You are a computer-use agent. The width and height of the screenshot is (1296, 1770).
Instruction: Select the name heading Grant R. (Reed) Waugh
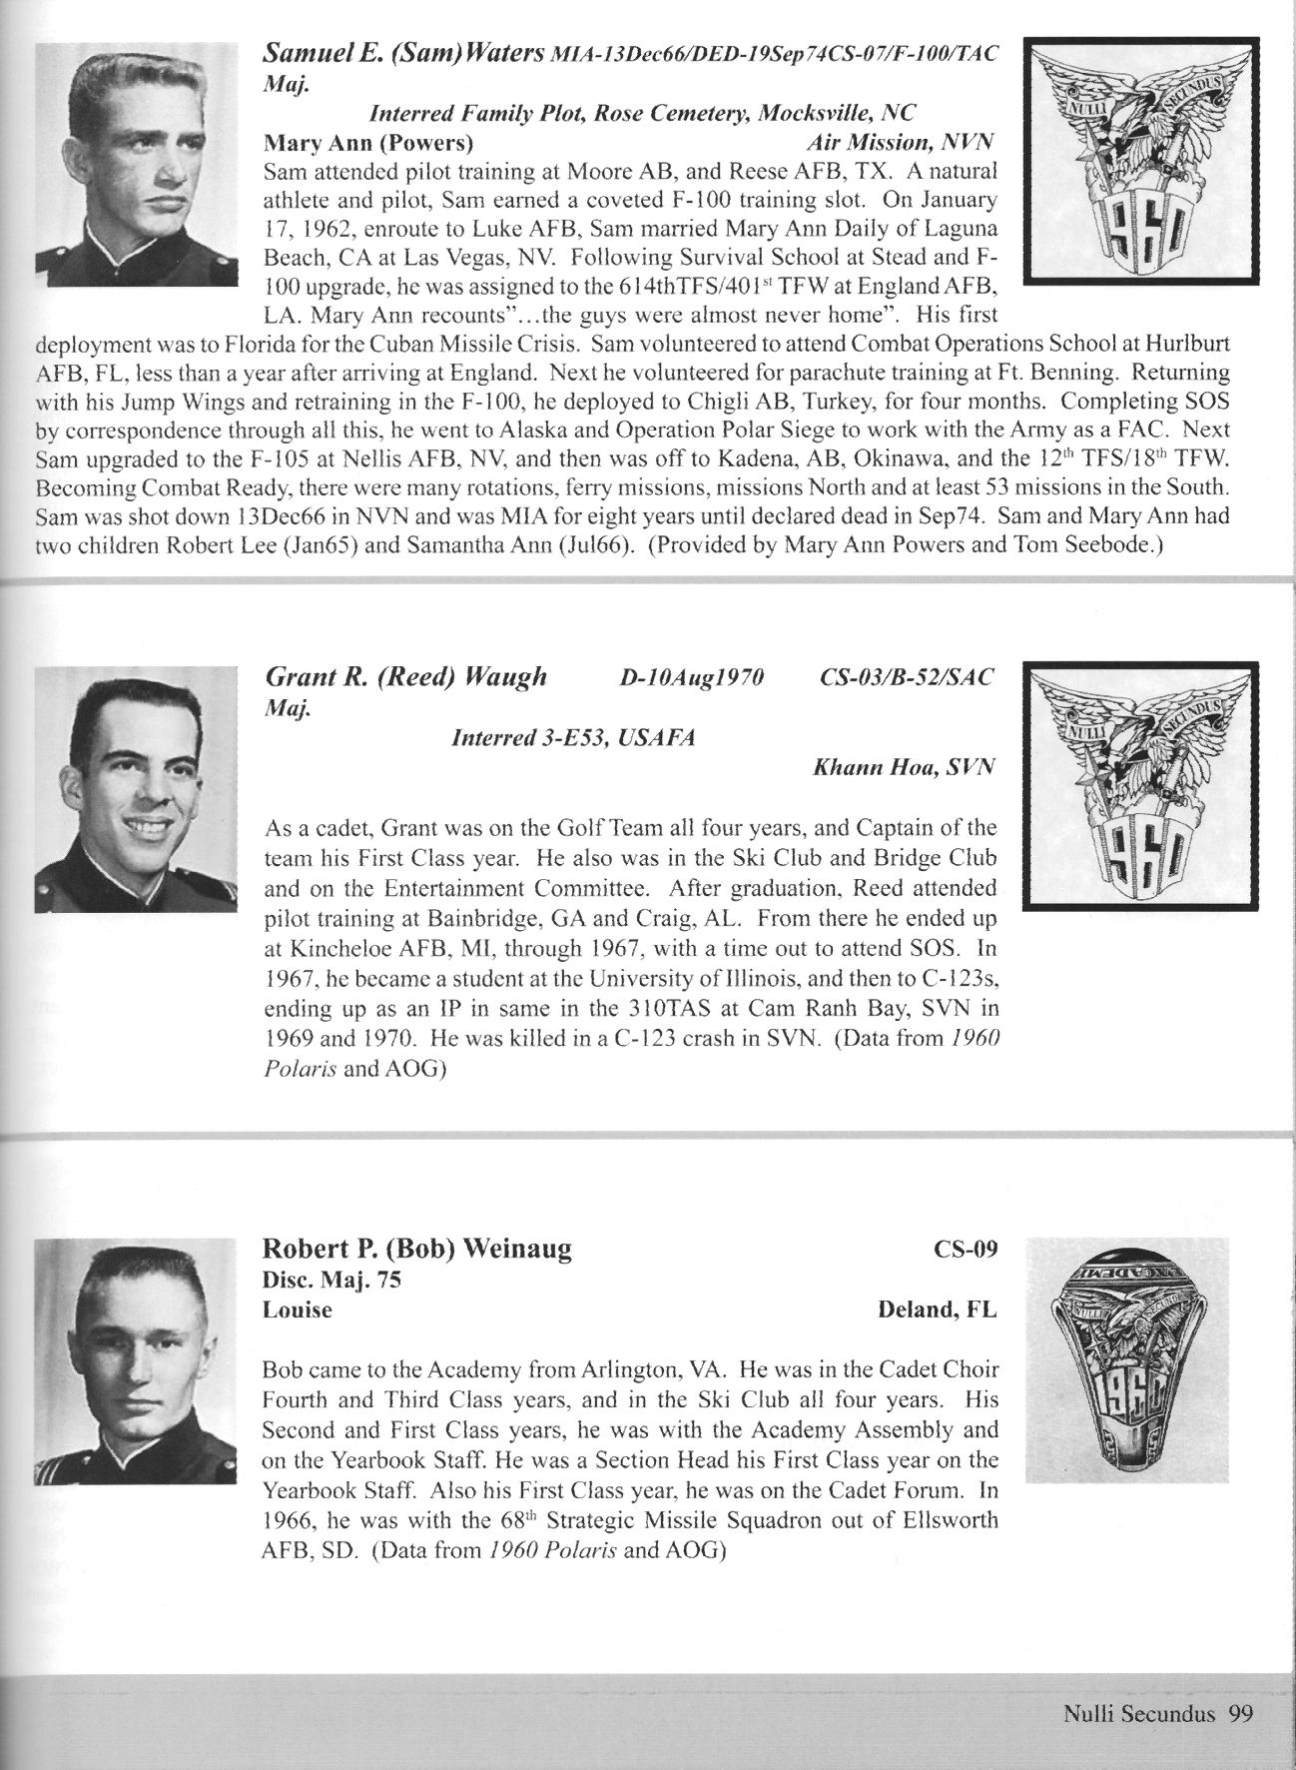point(405,676)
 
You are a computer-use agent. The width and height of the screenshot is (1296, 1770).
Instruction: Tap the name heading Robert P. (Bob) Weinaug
point(416,1250)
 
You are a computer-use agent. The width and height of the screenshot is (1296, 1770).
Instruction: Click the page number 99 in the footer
point(1241,1714)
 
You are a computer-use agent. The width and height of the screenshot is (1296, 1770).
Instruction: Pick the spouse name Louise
point(297,1310)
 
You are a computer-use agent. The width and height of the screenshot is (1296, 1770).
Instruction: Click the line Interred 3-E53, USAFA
point(574,738)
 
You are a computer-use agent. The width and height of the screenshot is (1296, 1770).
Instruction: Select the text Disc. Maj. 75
point(331,1280)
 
